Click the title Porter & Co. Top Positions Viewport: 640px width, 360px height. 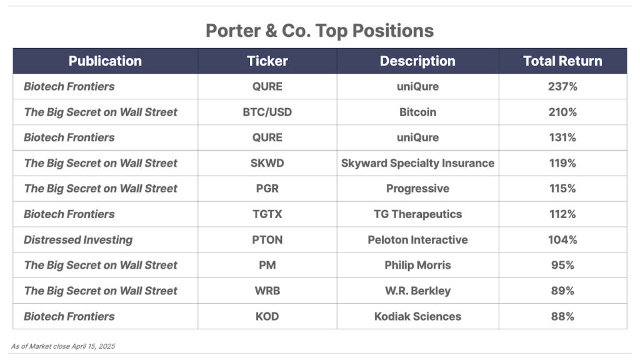319,31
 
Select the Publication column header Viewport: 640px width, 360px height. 105,61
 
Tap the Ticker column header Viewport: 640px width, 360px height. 267,61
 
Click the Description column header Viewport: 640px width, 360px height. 417,61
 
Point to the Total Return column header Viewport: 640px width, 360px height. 562,61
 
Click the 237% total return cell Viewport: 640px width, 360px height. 562,86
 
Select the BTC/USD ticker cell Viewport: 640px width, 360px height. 267,112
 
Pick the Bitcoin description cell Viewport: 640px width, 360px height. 417,112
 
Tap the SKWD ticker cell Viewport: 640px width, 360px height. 267,163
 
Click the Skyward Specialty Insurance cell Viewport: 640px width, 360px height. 417,163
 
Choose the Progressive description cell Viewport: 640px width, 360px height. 417,189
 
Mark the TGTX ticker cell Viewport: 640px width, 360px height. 267,214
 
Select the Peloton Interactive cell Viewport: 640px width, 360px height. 417,239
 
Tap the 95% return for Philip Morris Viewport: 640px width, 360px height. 562,265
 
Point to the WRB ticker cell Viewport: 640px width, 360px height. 267,291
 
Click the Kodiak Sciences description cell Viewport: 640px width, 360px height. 417,316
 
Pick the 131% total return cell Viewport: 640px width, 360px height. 562,137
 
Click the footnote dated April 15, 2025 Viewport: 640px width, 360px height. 63,346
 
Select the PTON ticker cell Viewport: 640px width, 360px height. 267,239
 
